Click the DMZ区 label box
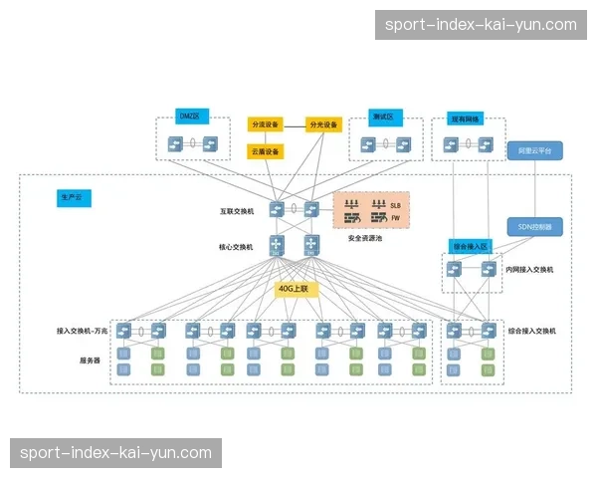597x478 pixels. [190, 116]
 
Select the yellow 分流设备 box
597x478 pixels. [265, 124]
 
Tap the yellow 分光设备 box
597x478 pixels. [324, 124]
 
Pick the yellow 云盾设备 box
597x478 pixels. [265, 151]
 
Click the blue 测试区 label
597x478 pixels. [383, 116]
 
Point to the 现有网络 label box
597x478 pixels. [464, 118]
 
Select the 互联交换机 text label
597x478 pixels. [237, 211]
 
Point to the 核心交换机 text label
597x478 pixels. [237, 246]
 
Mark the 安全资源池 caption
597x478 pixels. [366, 239]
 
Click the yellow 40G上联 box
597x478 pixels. [294, 289]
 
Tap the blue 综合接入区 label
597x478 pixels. [471, 245]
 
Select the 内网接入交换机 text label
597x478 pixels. [529, 269]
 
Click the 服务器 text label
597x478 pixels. [91, 359]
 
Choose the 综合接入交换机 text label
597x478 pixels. [532, 331]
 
